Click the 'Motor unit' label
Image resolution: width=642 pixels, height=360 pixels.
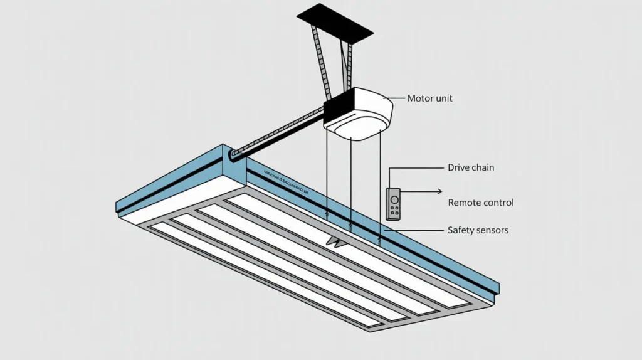[x=429, y=98]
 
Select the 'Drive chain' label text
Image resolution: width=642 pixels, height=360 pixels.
[x=471, y=167]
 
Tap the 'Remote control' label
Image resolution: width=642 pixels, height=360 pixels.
[x=481, y=203]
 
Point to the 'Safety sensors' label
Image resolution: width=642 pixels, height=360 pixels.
[x=478, y=230]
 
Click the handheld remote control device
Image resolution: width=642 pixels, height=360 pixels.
[x=394, y=204]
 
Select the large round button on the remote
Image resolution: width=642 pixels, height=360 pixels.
[x=394, y=199]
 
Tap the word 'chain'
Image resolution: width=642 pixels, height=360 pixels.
[x=483, y=167]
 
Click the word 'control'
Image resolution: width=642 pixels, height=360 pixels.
[x=498, y=203]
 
